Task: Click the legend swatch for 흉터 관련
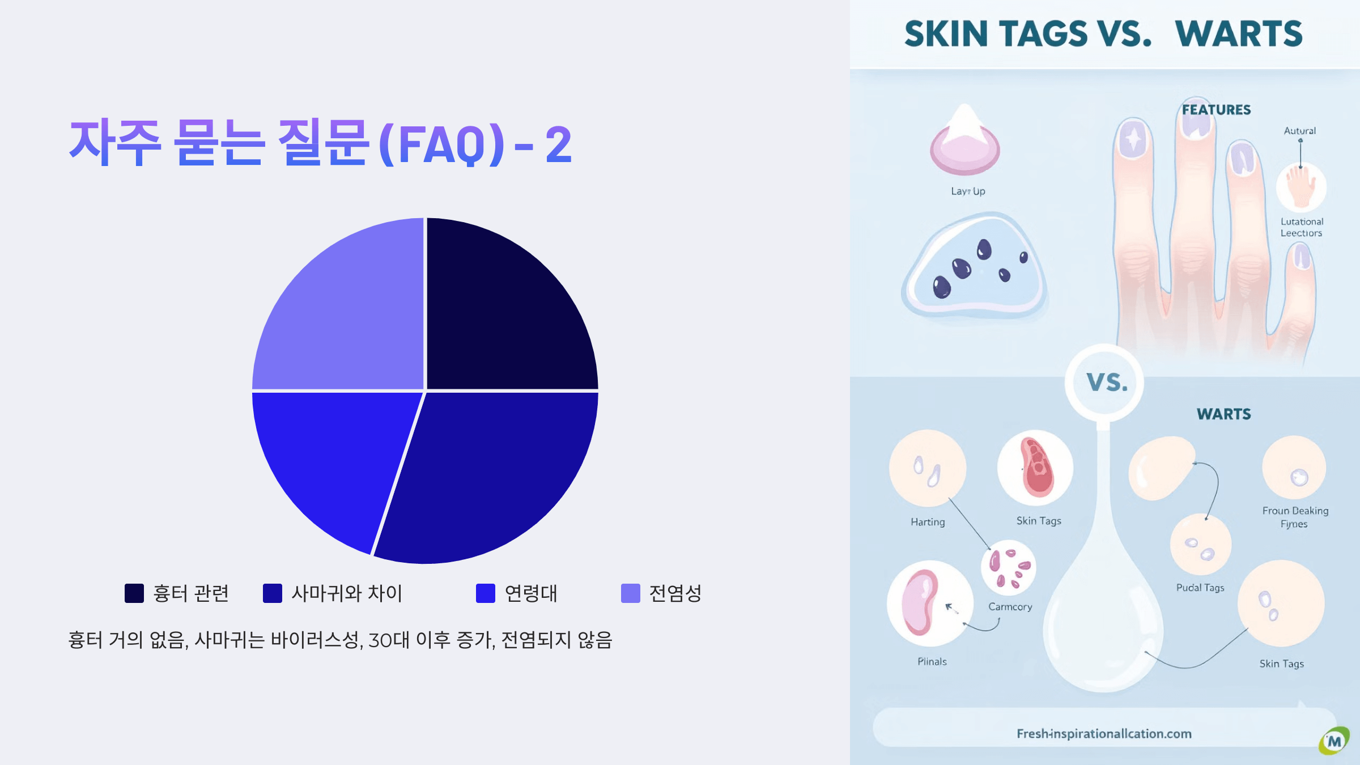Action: point(134,593)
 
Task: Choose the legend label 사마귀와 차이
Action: point(347,593)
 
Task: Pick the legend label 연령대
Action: point(531,593)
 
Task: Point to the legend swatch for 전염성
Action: point(631,593)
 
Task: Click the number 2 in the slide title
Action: point(558,145)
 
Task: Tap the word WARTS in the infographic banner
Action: point(1239,34)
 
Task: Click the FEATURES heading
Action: point(1216,110)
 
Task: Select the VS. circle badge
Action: point(1105,382)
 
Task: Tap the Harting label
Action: point(928,522)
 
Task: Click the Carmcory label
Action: point(1010,606)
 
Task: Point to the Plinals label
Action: point(932,661)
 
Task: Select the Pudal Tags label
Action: point(1200,588)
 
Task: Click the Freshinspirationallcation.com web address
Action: point(1104,734)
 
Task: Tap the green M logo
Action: point(1334,741)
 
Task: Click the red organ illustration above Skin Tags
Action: point(1036,467)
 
